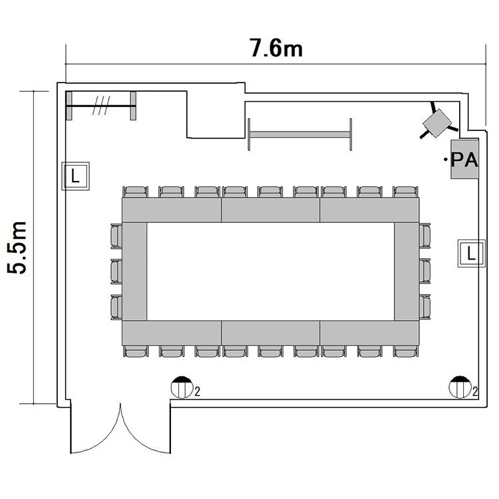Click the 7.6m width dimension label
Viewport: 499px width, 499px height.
pyautogui.click(x=276, y=48)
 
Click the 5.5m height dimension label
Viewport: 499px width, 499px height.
pyautogui.click(x=17, y=248)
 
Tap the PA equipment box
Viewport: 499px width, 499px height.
pyautogui.click(x=464, y=159)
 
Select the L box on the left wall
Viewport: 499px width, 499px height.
pyautogui.click(x=75, y=176)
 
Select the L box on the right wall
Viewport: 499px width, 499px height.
pyautogui.click(x=471, y=253)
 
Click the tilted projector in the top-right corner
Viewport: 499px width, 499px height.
pyautogui.click(x=438, y=123)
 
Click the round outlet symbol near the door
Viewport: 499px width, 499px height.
pyautogui.click(x=182, y=387)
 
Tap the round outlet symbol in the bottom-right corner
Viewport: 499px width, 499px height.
pyautogui.click(x=460, y=387)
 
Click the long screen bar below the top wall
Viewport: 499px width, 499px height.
pyautogui.click(x=300, y=134)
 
